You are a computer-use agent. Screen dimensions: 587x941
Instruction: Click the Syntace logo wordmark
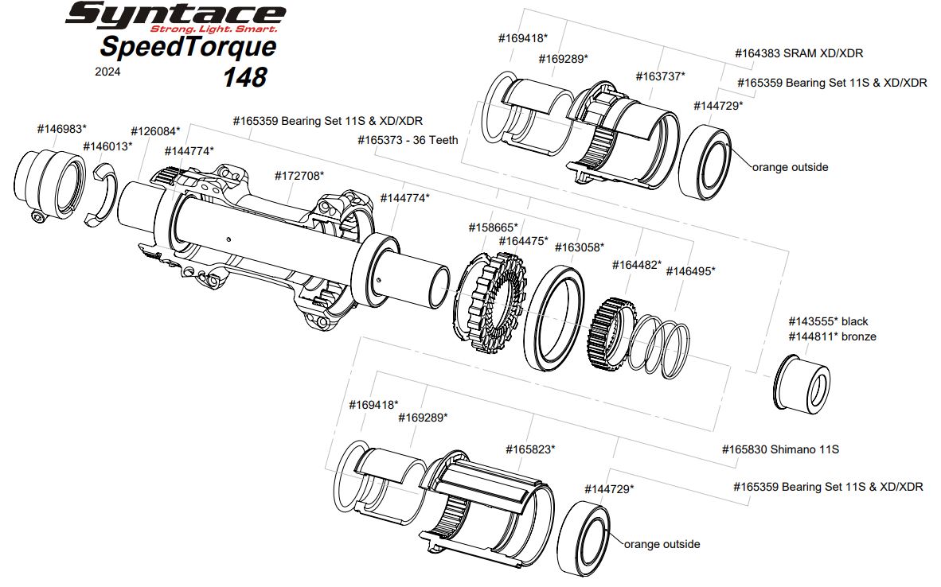(175, 14)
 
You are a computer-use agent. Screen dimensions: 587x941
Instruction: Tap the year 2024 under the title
(107, 71)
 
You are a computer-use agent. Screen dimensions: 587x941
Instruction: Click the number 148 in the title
(244, 76)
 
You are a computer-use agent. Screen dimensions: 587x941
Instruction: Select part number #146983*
(61, 128)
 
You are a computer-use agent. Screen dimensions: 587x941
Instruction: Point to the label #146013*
(107, 146)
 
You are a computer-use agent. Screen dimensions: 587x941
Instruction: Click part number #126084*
(155, 130)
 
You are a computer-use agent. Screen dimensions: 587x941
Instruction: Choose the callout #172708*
(299, 175)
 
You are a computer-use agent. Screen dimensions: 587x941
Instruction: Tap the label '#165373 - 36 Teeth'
(408, 139)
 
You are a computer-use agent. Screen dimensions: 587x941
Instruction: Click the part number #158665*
(493, 227)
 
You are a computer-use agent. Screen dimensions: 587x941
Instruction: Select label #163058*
(579, 247)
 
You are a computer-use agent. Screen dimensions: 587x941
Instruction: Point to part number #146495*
(690, 270)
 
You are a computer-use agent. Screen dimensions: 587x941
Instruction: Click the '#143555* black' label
(828, 321)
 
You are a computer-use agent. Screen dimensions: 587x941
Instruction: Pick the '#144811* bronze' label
(832, 336)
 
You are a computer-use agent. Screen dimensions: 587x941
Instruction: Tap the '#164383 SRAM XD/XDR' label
(799, 53)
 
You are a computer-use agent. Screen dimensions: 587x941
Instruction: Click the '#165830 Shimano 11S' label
(780, 449)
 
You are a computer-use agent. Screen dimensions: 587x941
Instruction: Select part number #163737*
(660, 76)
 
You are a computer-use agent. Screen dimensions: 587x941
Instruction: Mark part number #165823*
(530, 449)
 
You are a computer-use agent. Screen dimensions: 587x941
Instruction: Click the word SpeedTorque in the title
(188, 46)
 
